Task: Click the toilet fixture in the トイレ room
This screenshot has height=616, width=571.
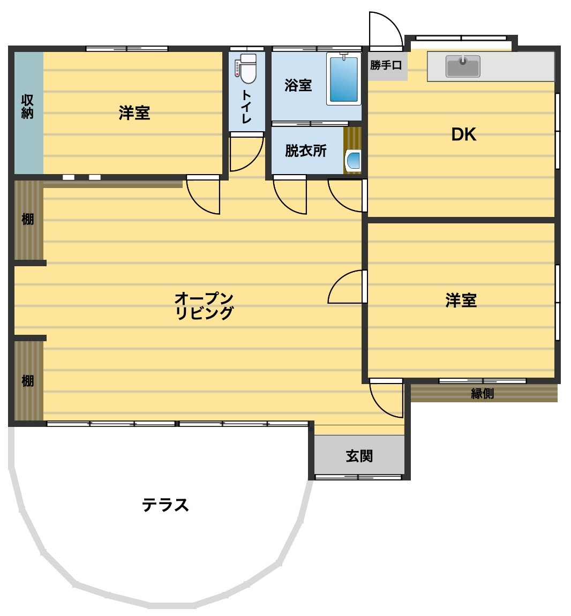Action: [x=247, y=69]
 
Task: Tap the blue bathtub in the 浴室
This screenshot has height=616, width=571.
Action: [x=343, y=79]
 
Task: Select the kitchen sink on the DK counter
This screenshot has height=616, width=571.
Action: [x=463, y=67]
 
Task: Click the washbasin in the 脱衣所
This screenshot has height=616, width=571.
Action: [x=354, y=160]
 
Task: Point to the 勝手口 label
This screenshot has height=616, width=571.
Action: [x=386, y=65]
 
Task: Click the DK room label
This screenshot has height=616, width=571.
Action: [x=464, y=134]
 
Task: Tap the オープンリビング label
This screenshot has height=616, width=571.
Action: [x=204, y=305]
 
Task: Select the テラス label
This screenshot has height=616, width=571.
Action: [x=166, y=505]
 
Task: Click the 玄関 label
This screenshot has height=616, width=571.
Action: [x=359, y=456]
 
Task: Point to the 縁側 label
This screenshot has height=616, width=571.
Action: [x=482, y=393]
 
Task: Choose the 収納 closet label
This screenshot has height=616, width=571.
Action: [x=27, y=107]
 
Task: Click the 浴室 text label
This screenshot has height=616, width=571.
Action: [x=298, y=85]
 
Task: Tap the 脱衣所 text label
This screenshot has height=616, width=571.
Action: [x=305, y=151]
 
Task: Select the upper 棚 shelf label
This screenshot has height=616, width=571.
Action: [x=27, y=219]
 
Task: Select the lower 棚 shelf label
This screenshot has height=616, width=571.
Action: [x=27, y=381]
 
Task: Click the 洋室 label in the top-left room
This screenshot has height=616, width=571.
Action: [x=134, y=112]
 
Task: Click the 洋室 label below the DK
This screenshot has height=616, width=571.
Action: [x=461, y=300]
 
